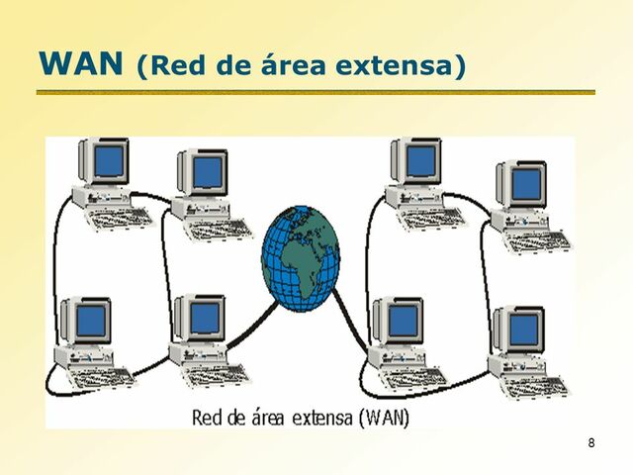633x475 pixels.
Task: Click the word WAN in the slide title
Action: click(83, 64)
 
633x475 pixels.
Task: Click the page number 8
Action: click(590, 441)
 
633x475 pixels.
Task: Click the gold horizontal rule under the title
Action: click(316, 92)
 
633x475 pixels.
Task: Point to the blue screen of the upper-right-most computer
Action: click(525, 183)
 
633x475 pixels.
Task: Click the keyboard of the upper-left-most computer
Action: click(116, 214)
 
